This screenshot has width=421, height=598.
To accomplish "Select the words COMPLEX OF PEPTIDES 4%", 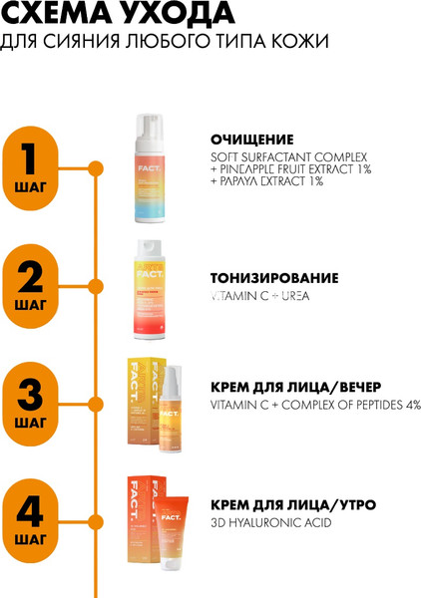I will pos(349,405).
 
